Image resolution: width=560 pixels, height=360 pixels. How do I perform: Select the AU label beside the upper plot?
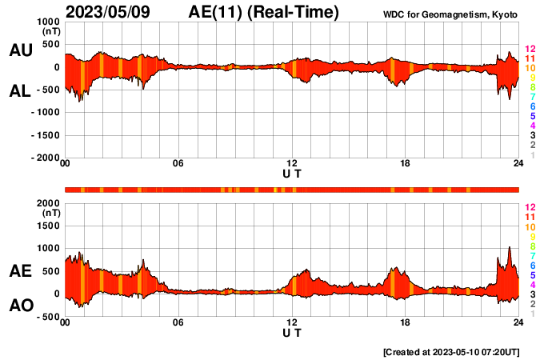tap(20, 50)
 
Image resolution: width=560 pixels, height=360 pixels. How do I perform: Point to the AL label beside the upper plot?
tap(20, 92)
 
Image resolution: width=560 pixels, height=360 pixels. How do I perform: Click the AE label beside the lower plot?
tap(20, 272)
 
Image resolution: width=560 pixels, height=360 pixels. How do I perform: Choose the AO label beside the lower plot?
tap(20, 306)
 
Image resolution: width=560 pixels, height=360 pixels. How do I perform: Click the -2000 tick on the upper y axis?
tap(44, 158)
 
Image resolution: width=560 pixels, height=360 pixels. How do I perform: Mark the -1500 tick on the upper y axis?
tap(44, 135)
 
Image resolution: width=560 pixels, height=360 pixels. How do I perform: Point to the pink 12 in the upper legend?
tap(529, 50)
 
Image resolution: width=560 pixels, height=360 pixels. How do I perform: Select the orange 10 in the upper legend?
tap(529, 69)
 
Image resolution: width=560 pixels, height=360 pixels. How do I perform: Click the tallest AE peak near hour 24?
tap(510, 248)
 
